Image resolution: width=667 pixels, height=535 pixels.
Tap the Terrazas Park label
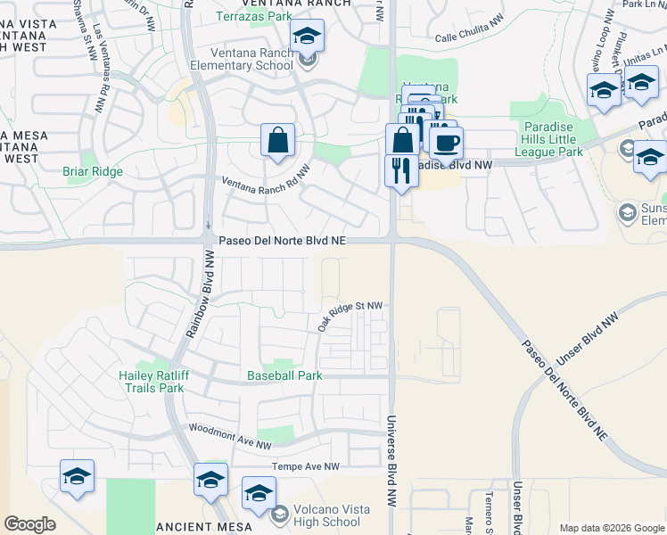tap(258, 16)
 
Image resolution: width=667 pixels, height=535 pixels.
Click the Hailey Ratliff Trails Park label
tap(152, 382)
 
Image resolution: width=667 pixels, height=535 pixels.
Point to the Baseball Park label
tap(284, 376)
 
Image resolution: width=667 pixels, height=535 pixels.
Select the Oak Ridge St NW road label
tap(350, 316)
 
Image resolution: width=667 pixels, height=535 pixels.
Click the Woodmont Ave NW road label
tap(230, 437)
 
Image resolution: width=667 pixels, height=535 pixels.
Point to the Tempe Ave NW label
tap(306, 466)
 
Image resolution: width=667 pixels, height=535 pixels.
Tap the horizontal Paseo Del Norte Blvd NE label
tap(282, 241)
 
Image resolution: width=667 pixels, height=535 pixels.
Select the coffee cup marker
tap(446, 142)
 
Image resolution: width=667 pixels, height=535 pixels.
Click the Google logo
tap(29, 524)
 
